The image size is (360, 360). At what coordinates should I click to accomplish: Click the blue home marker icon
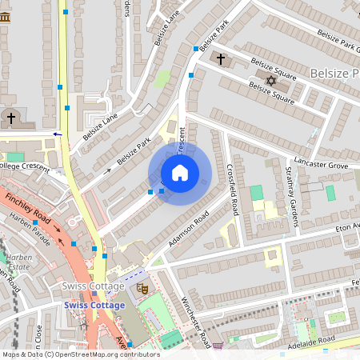click(x=180, y=173)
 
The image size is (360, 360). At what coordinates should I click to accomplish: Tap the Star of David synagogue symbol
click(x=270, y=81)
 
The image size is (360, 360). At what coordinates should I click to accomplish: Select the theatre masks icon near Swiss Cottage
click(x=143, y=288)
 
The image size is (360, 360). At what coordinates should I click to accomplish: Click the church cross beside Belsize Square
click(x=222, y=59)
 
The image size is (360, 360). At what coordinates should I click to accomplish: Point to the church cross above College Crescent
click(x=10, y=118)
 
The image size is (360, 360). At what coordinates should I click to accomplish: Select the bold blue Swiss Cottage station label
click(x=95, y=305)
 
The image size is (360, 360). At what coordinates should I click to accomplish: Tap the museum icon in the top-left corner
click(x=5, y=16)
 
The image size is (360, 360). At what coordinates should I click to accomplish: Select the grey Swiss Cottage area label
click(x=94, y=286)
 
